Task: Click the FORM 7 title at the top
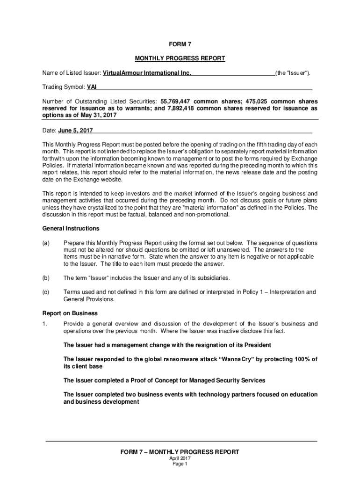pyautogui.click(x=180, y=44)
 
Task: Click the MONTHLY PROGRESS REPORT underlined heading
pyautogui.click(x=180, y=58)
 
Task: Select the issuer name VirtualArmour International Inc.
pyautogui.click(x=147, y=73)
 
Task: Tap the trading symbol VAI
pyautogui.click(x=92, y=87)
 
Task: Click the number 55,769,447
pyautogui.click(x=175, y=102)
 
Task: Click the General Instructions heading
pyautogui.click(x=64, y=229)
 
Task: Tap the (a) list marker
pyautogui.click(x=46, y=243)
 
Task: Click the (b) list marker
pyautogui.click(x=46, y=278)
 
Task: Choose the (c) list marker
pyautogui.click(x=46, y=292)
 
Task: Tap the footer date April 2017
pyautogui.click(x=180, y=458)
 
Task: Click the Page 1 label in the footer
pyautogui.click(x=180, y=464)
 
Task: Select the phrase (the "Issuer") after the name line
pyautogui.click(x=292, y=73)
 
